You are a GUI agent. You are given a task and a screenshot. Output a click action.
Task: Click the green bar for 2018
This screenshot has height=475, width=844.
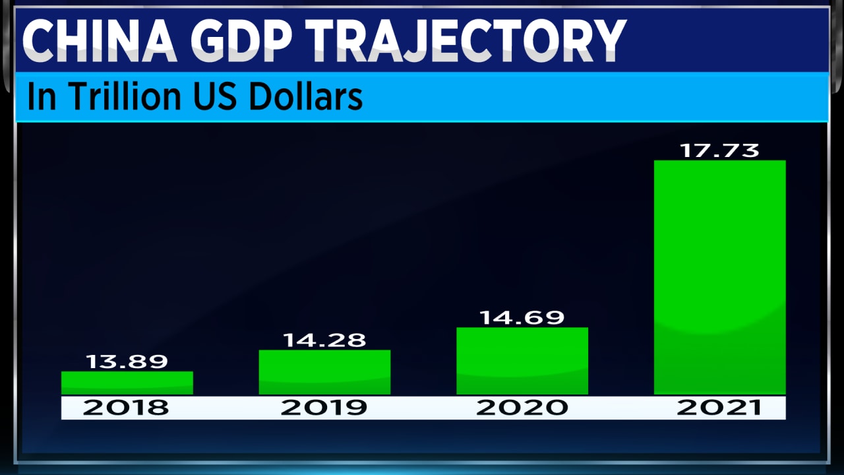pyautogui.click(x=127, y=383)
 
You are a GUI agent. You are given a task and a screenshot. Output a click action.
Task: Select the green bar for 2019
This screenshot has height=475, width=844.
pyautogui.click(x=324, y=372)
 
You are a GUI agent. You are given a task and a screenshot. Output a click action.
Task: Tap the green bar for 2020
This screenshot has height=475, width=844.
pyautogui.click(x=522, y=361)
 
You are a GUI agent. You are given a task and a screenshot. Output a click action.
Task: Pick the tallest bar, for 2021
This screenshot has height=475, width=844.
pyautogui.click(x=719, y=277)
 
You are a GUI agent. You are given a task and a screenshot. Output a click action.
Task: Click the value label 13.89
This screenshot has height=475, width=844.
pyautogui.click(x=127, y=362)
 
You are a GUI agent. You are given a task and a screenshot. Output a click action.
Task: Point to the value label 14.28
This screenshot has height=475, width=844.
pyautogui.click(x=324, y=340)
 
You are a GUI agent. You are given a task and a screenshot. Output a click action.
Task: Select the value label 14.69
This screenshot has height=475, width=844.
pyautogui.click(x=522, y=317)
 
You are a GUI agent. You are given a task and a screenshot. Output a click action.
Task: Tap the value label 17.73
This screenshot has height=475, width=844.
pyautogui.click(x=719, y=150)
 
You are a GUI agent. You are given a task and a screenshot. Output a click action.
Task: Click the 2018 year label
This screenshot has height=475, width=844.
pyautogui.click(x=126, y=408)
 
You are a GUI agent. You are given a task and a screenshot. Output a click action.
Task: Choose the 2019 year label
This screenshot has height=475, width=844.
pyautogui.click(x=324, y=408)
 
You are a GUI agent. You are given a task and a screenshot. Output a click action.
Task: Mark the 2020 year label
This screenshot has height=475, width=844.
pyautogui.click(x=522, y=408)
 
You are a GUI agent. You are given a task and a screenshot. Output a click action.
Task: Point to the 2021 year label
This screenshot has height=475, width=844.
pyautogui.click(x=719, y=408)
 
